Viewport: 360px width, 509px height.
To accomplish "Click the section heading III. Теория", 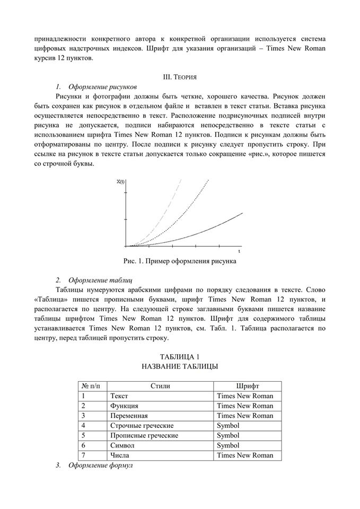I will pyautogui.click(x=180, y=77).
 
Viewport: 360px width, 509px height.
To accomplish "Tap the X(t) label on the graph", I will pyautogui.click(x=120, y=182).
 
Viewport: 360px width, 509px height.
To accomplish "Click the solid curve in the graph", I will pyautogui.click(x=212, y=229).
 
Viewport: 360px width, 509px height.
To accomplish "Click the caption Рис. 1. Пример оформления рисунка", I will pyautogui.click(x=180, y=261).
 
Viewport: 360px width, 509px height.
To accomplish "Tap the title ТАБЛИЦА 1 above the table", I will pyautogui.click(x=180, y=356).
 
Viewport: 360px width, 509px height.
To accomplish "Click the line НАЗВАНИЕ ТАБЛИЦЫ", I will pyautogui.click(x=180, y=366).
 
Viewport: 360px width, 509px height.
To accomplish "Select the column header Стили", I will pyautogui.click(x=160, y=386).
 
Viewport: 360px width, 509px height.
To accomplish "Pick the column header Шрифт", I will pyautogui.click(x=247, y=386).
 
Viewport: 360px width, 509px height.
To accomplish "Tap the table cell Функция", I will pyautogui.click(x=124, y=406).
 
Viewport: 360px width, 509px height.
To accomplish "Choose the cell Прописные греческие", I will pyautogui.click(x=144, y=435).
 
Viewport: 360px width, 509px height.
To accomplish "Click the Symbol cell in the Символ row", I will pyautogui.click(x=228, y=445).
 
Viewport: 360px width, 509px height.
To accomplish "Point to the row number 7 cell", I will pyautogui.click(x=84, y=455).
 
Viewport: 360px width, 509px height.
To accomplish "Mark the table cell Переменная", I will pyautogui.click(x=129, y=416).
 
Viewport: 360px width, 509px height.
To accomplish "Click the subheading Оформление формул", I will pyautogui.click(x=101, y=465).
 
